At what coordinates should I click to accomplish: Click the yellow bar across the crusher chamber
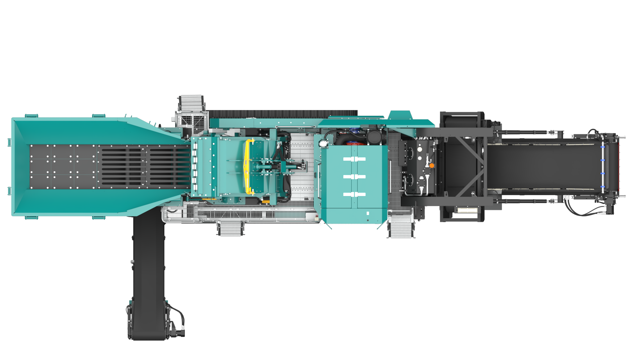(x=247, y=167)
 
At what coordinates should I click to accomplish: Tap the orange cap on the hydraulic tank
(x=432, y=165)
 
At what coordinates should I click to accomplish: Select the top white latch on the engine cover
(x=354, y=159)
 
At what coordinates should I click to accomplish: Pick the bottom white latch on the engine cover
(x=354, y=194)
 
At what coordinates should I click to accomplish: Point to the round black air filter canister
(x=374, y=137)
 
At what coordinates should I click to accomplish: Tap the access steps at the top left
(x=191, y=103)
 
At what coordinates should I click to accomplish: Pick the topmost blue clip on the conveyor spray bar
(x=602, y=147)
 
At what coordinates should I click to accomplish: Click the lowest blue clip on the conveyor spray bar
(x=602, y=187)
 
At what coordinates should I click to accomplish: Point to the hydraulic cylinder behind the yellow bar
(x=267, y=166)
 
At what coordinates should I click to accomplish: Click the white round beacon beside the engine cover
(x=322, y=144)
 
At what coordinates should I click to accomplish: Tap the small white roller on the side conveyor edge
(x=132, y=262)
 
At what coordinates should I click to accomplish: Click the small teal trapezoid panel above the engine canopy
(x=400, y=115)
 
